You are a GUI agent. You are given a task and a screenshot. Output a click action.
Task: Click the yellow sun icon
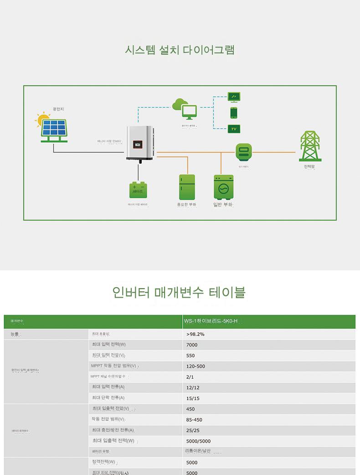tap(43, 120)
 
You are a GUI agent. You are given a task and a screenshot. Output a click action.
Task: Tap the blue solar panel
tap(54, 128)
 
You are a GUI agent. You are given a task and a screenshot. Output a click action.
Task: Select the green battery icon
tap(138, 189)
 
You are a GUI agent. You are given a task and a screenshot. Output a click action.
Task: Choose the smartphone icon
tap(234, 113)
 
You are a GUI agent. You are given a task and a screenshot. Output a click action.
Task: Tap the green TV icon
tap(234, 129)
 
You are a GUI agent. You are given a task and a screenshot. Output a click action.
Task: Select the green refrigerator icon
tap(187, 186)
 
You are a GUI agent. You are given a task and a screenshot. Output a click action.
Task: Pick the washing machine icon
tap(223, 186)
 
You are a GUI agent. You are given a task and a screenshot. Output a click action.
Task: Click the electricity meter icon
tap(244, 151)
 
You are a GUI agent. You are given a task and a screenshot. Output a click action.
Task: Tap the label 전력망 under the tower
tap(309, 167)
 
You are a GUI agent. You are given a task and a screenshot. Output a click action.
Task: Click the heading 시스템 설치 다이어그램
tap(180, 49)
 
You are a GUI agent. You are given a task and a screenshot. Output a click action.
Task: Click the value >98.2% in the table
tap(195, 334)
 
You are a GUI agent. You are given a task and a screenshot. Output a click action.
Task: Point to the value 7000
tap(192, 345)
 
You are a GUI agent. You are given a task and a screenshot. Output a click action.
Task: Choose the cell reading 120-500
tap(195, 366)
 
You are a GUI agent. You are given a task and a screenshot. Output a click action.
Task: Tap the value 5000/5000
tap(198, 441)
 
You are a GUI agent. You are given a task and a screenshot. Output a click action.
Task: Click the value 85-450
tap(194, 420)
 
